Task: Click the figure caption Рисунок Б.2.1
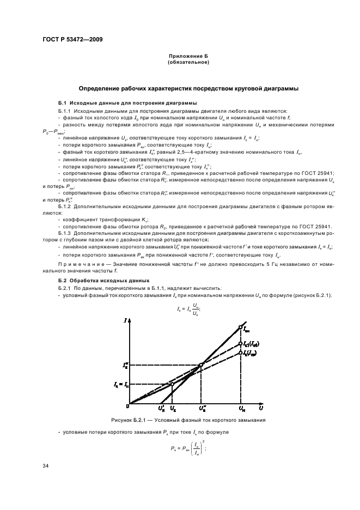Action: (x=188, y=420)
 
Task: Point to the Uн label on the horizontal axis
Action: (x=241, y=408)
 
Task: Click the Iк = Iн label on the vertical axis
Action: (x=120, y=385)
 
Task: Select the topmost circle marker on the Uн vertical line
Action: (x=240, y=327)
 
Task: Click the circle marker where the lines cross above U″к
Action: (x=201, y=365)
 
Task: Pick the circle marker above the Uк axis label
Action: (x=172, y=384)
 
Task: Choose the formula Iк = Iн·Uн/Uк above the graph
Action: (x=186, y=310)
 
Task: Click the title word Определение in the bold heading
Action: (x=101, y=88)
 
